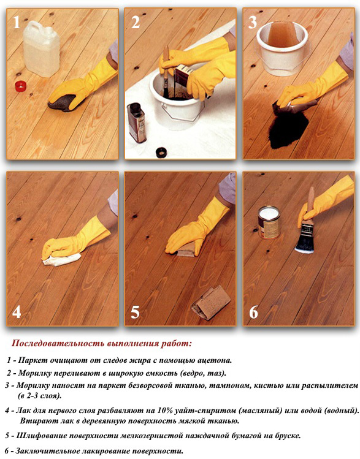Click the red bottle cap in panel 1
tap(20, 86)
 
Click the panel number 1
tap(17, 22)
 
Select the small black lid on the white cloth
tap(161, 153)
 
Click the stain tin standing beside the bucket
tap(137, 123)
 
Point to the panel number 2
tap(136, 22)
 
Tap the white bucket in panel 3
tap(282, 48)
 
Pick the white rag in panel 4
tap(61, 260)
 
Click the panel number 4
tap(17, 312)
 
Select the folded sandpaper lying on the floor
tap(211, 303)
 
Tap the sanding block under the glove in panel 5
tap(186, 251)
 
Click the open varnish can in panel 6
tap(269, 222)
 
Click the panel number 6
tap(253, 312)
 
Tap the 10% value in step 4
tap(165, 411)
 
